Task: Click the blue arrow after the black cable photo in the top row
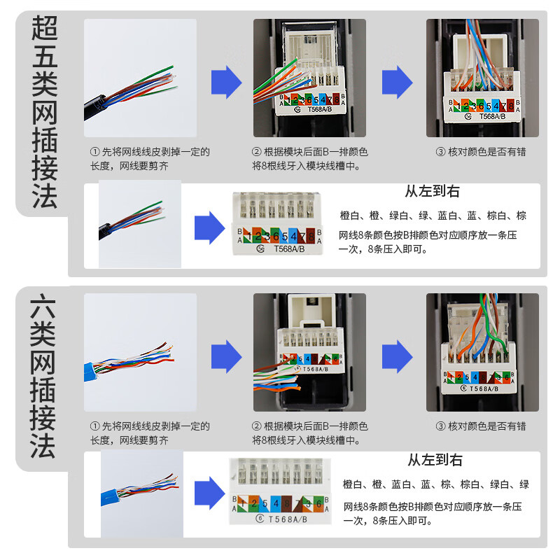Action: coord(226,82)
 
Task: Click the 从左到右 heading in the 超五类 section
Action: coord(432,192)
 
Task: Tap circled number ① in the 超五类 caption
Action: coord(94,152)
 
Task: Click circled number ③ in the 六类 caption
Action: coord(440,426)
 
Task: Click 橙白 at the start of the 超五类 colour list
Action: coord(349,216)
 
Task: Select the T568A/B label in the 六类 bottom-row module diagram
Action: coord(278,519)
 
